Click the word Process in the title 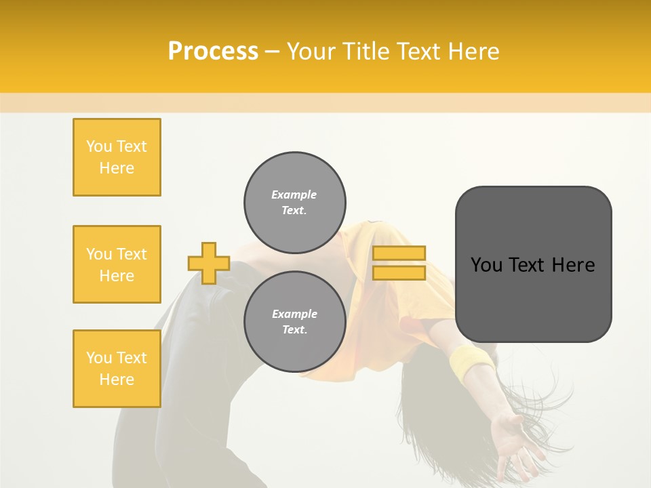point(213,52)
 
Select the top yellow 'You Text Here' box point(117,157)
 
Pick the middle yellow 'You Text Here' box point(117,264)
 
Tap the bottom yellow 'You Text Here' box point(117,369)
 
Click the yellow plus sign point(209,263)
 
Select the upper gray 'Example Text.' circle point(295,203)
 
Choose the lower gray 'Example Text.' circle point(295,322)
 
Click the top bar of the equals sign point(399,253)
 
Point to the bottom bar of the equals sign point(399,272)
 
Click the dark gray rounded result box point(533,298)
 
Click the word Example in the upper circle point(294,195)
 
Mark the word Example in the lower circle point(294,314)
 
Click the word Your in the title point(311,52)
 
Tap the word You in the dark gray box point(487,265)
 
